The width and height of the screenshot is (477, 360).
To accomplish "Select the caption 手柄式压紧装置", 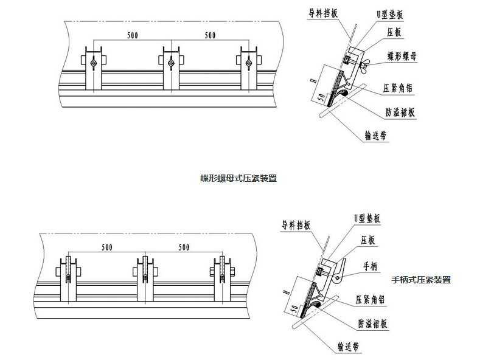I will [421, 280].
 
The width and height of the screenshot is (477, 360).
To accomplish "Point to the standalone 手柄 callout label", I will [371, 265].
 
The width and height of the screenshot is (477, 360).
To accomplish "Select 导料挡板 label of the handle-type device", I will [296, 224].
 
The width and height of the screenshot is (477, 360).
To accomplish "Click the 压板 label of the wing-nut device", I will [394, 32].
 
